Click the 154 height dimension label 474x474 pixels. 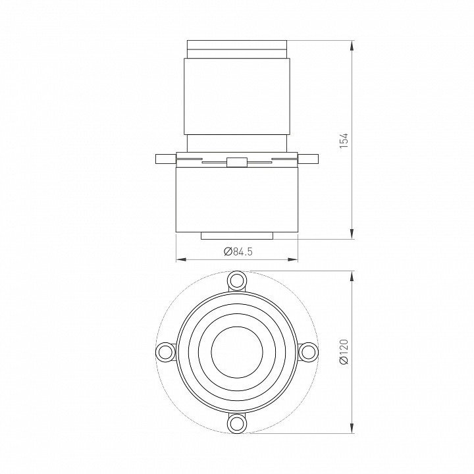(344, 141)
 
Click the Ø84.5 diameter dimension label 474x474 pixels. (238, 251)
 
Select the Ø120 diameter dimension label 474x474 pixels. (344, 352)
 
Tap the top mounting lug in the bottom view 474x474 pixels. (237, 281)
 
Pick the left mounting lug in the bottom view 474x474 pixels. (166, 352)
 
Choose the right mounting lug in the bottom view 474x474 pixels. (308, 352)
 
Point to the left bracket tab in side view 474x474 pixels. (166, 159)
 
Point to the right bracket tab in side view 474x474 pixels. (308, 159)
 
